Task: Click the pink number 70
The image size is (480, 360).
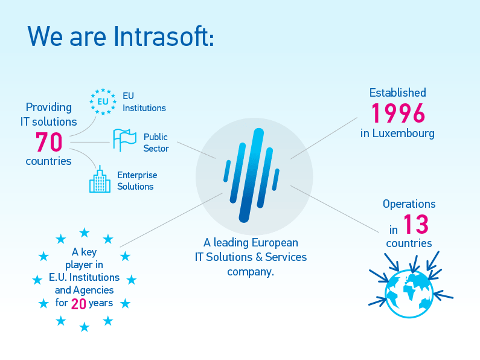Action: [x=49, y=143]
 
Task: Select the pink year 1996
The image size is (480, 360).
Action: [x=398, y=114]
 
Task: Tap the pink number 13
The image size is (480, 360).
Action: [x=415, y=225]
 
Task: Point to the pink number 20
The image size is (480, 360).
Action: [x=78, y=304]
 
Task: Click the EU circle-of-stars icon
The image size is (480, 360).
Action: [x=103, y=101]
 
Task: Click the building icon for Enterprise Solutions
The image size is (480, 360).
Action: [x=100, y=180]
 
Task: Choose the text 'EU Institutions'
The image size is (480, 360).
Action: [x=144, y=102]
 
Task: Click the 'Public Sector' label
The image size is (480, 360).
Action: [x=156, y=143]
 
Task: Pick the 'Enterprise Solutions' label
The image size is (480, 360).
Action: [x=136, y=181]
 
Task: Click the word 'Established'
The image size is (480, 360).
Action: [x=398, y=92]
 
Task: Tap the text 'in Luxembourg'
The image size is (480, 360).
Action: [x=397, y=133]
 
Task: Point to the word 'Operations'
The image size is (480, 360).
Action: [x=409, y=204]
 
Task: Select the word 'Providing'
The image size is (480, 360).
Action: [x=48, y=108]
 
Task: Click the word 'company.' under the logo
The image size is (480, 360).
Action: [x=251, y=272]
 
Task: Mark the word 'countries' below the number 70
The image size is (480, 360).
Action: [x=48, y=161]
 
